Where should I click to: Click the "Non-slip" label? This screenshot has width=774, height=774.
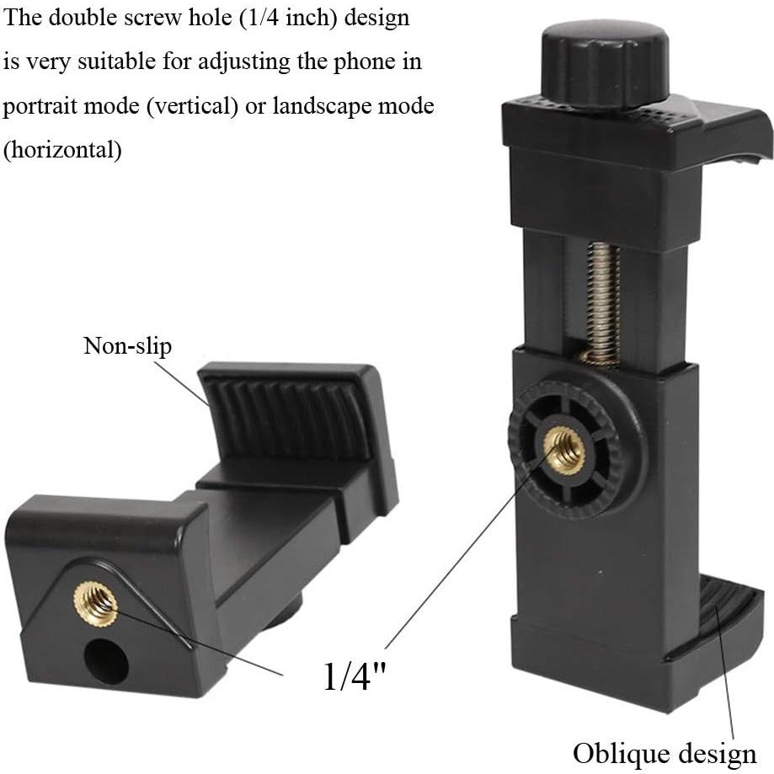[126, 346]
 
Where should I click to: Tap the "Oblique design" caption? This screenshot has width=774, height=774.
[665, 751]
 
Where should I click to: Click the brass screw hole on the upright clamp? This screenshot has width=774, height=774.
[564, 448]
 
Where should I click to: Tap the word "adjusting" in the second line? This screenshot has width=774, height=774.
[259, 63]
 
